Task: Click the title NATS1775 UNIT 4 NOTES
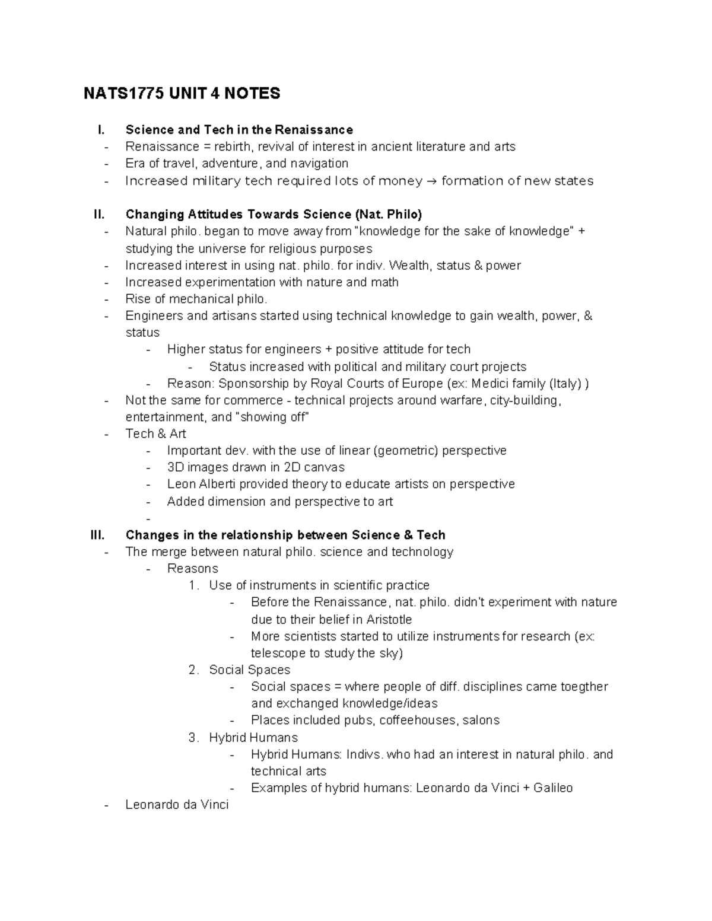[x=182, y=94]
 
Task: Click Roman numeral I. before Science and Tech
[x=100, y=130]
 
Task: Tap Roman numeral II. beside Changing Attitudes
[x=98, y=214]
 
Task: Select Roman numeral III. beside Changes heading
[x=97, y=535]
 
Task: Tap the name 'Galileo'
[x=553, y=788]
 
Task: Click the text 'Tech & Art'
[x=155, y=434]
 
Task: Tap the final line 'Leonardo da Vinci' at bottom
[x=177, y=805]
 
